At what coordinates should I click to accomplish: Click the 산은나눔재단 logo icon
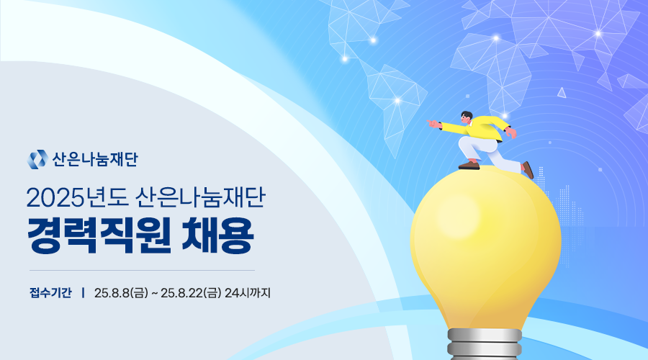(37, 160)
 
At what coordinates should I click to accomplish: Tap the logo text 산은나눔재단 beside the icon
(95, 160)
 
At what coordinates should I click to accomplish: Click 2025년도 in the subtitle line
(78, 198)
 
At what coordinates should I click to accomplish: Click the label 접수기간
(50, 293)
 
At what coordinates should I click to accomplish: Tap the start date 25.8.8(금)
(121, 293)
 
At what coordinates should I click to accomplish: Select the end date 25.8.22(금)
(191, 293)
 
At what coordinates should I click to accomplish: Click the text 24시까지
(248, 293)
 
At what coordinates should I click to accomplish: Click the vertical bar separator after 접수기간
(83, 293)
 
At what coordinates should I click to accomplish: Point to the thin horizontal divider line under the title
(142, 271)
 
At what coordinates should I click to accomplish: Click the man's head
(467, 117)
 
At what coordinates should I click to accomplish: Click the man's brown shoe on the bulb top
(469, 166)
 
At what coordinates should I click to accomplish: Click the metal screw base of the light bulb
(485, 344)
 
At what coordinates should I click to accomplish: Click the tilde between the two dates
(155, 294)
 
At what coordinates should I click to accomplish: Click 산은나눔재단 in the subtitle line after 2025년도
(200, 198)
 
